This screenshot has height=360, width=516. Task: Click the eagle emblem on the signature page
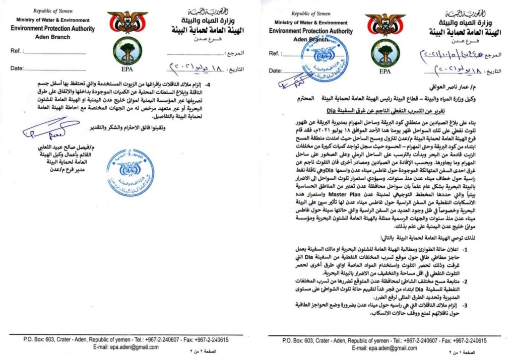coord(127,22)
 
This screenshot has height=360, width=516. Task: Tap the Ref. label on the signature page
coord(16,51)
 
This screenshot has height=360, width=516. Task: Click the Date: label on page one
coord(275,70)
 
